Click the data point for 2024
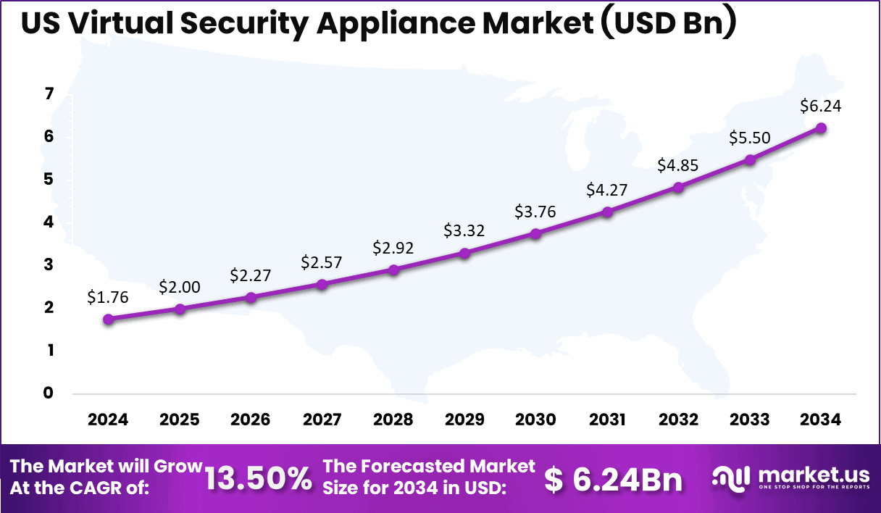pos(109,319)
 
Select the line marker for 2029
pos(465,253)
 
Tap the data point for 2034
pos(821,128)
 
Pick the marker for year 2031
pos(607,212)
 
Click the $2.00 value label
pos(180,287)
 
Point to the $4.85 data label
pos(678,164)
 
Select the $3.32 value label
pos(464,231)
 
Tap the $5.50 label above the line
pos(750,138)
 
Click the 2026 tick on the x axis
pos(251,420)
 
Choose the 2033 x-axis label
pos(750,420)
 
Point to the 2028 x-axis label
pos(393,420)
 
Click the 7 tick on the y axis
pos(49,94)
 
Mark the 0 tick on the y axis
pos(49,393)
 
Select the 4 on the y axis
pos(49,222)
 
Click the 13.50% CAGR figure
pos(259,478)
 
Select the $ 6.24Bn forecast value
pos(614,478)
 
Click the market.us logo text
pos(813,475)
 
